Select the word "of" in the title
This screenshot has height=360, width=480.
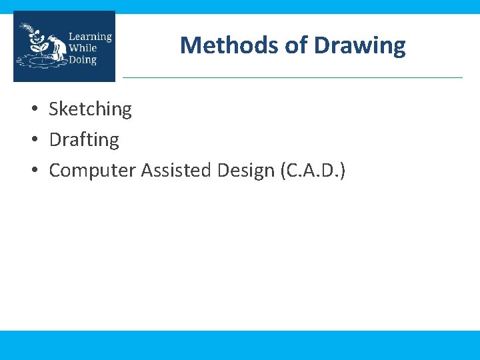295,45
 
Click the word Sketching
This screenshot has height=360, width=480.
90,109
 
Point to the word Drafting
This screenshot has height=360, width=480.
84,139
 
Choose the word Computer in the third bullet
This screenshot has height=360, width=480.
93,171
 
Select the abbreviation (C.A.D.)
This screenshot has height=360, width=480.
313,171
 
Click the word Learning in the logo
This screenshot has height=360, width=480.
90,37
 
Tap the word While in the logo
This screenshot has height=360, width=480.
83,48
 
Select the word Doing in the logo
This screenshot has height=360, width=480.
83,60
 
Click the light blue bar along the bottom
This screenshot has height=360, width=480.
240,345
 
